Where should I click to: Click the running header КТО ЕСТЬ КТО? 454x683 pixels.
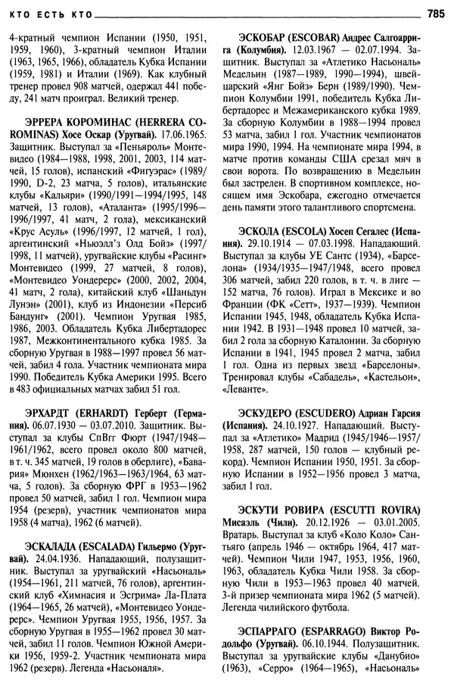click(46, 14)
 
